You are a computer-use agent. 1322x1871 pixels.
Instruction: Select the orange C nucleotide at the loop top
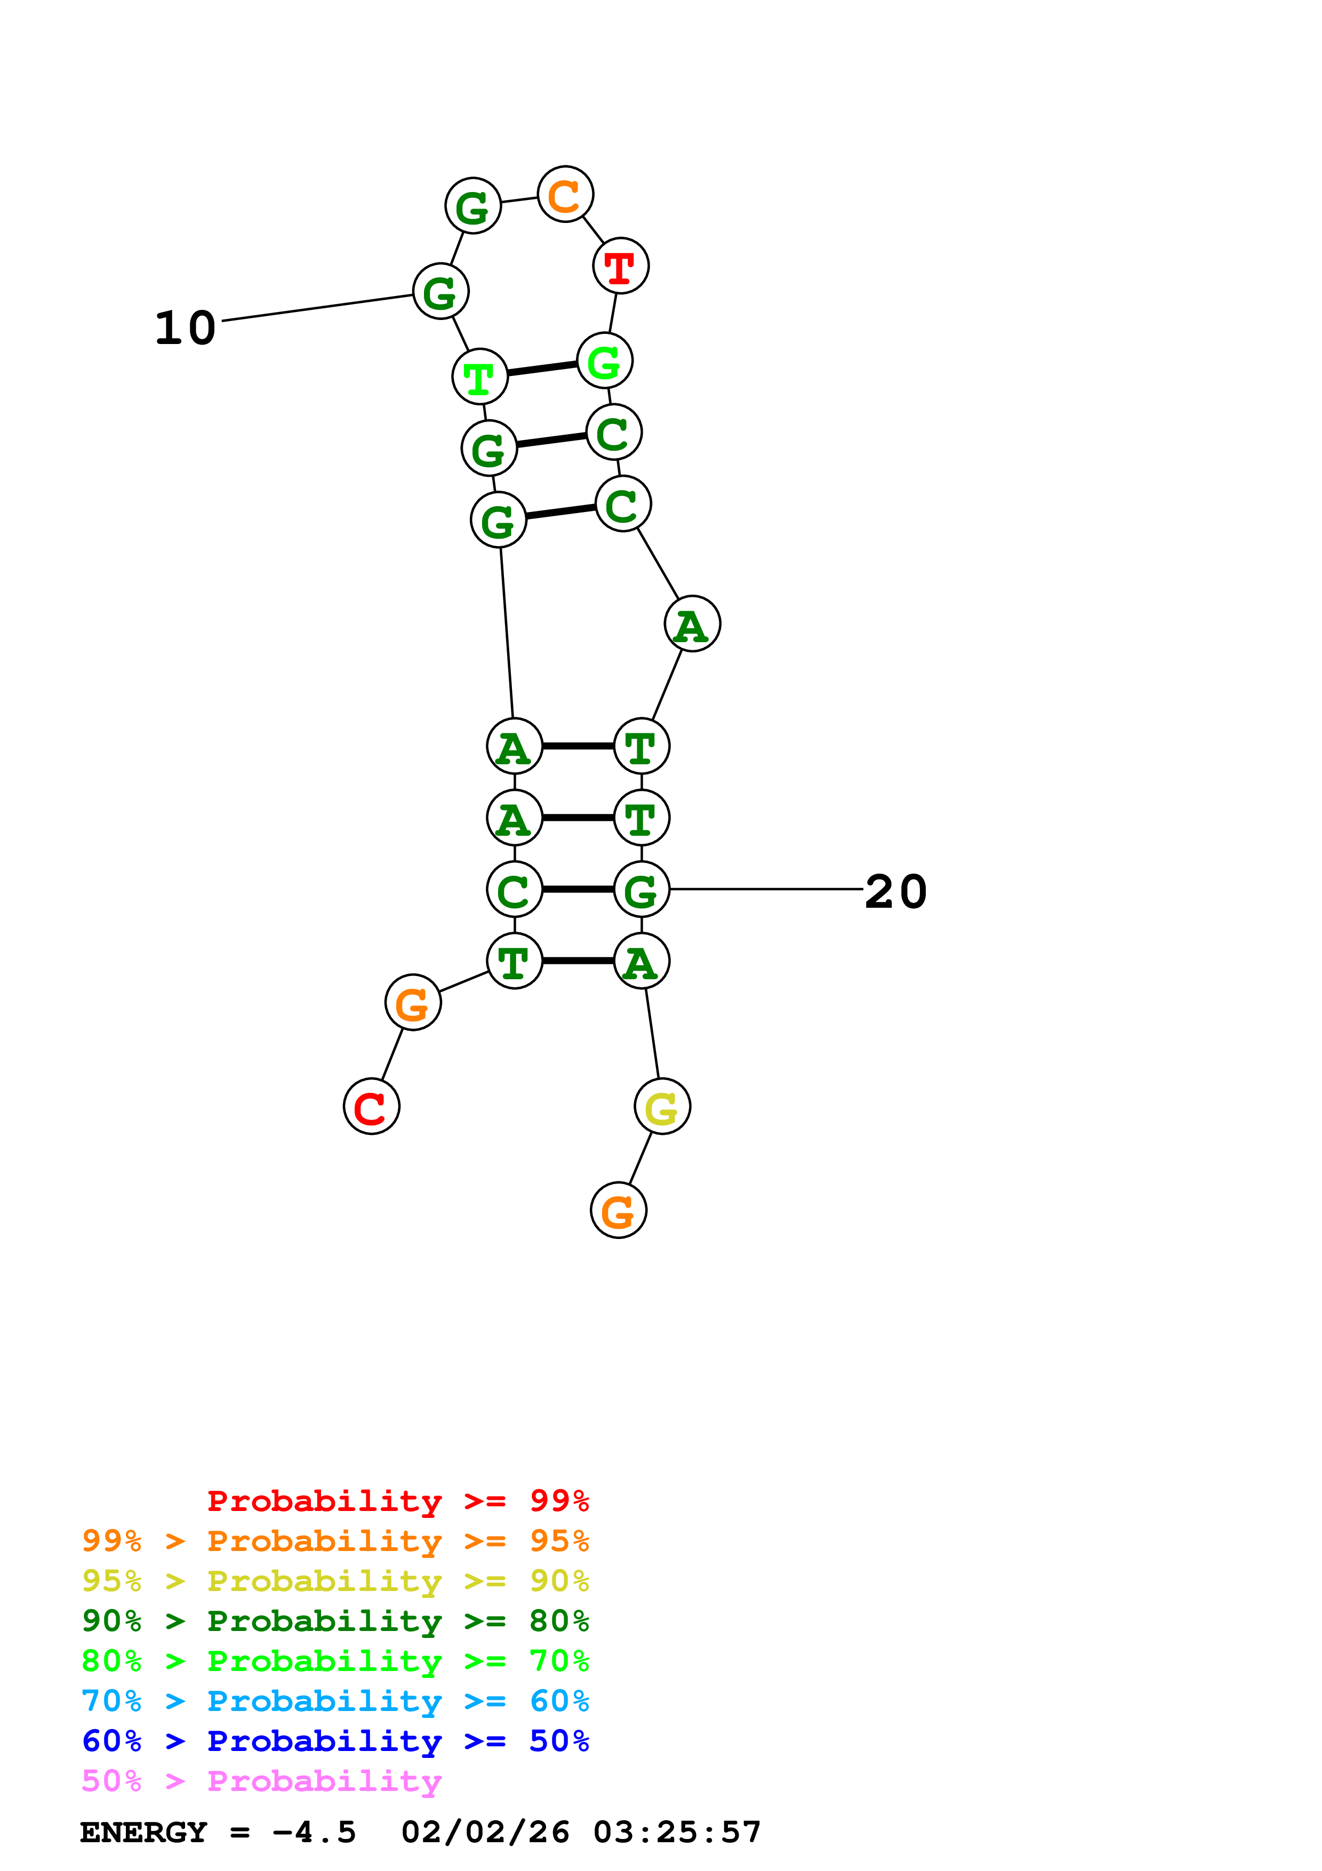pos(565,195)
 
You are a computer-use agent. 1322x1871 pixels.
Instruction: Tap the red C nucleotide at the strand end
pos(372,1107)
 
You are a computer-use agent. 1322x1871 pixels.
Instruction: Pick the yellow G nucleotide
pos(662,1107)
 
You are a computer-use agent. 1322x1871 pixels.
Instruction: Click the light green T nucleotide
pos(480,377)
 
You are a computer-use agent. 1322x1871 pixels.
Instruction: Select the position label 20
pos(895,891)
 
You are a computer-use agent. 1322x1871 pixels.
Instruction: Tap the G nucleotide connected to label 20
pos(642,889)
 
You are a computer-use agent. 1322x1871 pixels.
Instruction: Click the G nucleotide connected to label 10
pos(440,292)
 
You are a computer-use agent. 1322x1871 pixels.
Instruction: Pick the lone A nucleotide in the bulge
pos(692,624)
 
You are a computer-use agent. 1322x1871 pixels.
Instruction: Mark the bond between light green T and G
pos(542,369)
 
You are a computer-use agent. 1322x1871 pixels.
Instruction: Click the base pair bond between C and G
pos(578,889)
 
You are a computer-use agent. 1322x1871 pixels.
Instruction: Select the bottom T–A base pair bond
pos(578,961)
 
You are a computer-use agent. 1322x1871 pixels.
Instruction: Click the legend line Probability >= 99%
pos(397,1500)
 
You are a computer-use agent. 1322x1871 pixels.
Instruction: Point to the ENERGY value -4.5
pos(314,1832)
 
